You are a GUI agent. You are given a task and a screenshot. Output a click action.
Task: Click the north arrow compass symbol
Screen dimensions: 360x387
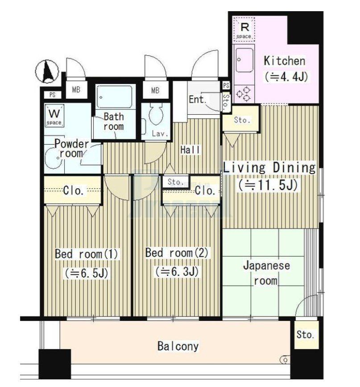coord(47,71)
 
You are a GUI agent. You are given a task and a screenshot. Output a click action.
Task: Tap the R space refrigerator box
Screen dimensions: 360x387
coord(244,29)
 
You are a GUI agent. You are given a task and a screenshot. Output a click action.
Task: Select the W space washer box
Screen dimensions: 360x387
coord(54,116)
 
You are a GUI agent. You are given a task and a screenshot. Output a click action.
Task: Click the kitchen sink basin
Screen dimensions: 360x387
coord(244,59)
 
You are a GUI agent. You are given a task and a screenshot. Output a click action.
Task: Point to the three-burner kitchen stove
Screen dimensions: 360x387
coord(244,94)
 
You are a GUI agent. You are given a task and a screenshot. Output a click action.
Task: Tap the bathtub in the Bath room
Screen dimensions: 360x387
coord(114,97)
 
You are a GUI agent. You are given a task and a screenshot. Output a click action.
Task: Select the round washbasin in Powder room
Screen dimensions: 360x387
coord(54,158)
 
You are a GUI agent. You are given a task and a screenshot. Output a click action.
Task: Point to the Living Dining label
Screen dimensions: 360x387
coord(269,167)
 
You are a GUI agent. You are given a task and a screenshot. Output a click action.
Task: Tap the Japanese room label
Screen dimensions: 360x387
coord(266,273)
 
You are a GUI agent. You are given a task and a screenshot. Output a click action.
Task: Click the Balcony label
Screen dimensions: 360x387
coord(178,346)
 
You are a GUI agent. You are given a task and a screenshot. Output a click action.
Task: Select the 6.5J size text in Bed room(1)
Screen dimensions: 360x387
coord(87,273)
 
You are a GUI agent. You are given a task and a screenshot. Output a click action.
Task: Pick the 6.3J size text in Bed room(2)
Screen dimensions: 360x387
coord(177,271)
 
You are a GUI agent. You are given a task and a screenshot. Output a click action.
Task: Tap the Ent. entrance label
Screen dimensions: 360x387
coord(197,100)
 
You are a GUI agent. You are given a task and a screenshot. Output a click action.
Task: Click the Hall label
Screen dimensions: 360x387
coord(190,150)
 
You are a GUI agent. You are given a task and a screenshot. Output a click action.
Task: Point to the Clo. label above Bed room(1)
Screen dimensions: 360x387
coord(74,190)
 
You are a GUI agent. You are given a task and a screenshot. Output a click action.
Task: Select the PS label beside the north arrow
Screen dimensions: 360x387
coord(52,95)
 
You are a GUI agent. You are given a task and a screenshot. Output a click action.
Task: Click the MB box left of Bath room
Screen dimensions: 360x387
coord(76,90)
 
